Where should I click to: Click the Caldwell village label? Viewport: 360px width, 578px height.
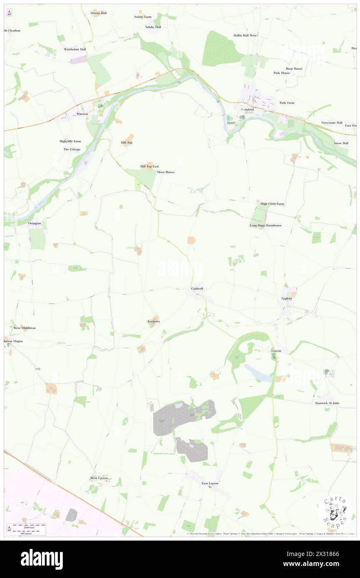(x=197, y=288)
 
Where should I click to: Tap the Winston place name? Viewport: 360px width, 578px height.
(x=82, y=114)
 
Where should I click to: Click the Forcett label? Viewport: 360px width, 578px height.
(x=276, y=351)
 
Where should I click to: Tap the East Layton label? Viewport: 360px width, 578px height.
(x=210, y=483)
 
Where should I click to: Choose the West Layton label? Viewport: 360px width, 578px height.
(x=99, y=478)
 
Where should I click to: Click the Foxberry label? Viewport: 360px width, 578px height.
(x=153, y=321)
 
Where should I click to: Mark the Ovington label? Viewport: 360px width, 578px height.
(x=35, y=223)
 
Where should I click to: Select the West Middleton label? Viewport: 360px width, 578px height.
(x=25, y=328)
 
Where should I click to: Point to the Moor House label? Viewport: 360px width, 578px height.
(x=166, y=172)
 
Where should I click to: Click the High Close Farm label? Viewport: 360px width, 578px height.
(x=272, y=204)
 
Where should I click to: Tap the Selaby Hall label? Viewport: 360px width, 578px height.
(x=153, y=27)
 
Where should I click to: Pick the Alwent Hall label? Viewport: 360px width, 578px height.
(x=99, y=13)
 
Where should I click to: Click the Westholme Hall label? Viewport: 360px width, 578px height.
(x=75, y=49)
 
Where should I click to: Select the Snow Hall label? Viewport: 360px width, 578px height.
(x=341, y=143)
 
